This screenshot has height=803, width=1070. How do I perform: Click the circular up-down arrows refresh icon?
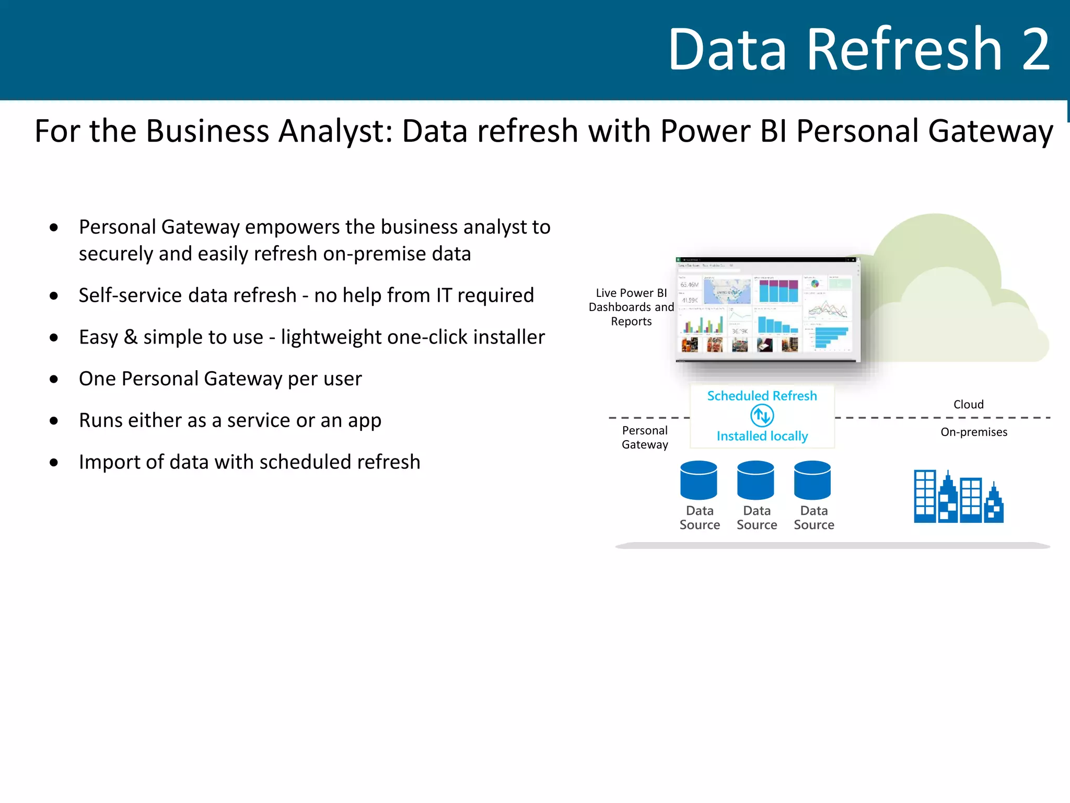[x=762, y=416]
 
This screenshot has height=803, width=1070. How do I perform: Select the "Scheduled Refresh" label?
[x=762, y=396]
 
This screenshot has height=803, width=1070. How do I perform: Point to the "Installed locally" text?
[x=762, y=436]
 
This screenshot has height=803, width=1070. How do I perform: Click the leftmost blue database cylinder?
[x=699, y=480]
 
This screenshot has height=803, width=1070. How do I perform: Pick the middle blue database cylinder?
[x=755, y=480]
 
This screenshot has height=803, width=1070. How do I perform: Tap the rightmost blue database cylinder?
[x=812, y=480]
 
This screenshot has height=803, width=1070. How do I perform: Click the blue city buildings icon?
[x=958, y=497]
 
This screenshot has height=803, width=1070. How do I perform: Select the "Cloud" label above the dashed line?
[x=968, y=404]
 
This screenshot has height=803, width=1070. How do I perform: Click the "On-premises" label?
[x=974, y=432]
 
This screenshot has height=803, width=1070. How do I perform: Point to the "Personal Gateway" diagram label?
[x=645, y=438]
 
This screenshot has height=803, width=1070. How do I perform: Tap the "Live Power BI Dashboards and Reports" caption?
[x=631, y=307]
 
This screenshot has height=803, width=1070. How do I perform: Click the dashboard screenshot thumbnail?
[x=767, y=309]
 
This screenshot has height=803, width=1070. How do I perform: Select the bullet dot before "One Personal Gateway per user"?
[x=54, y=379]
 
